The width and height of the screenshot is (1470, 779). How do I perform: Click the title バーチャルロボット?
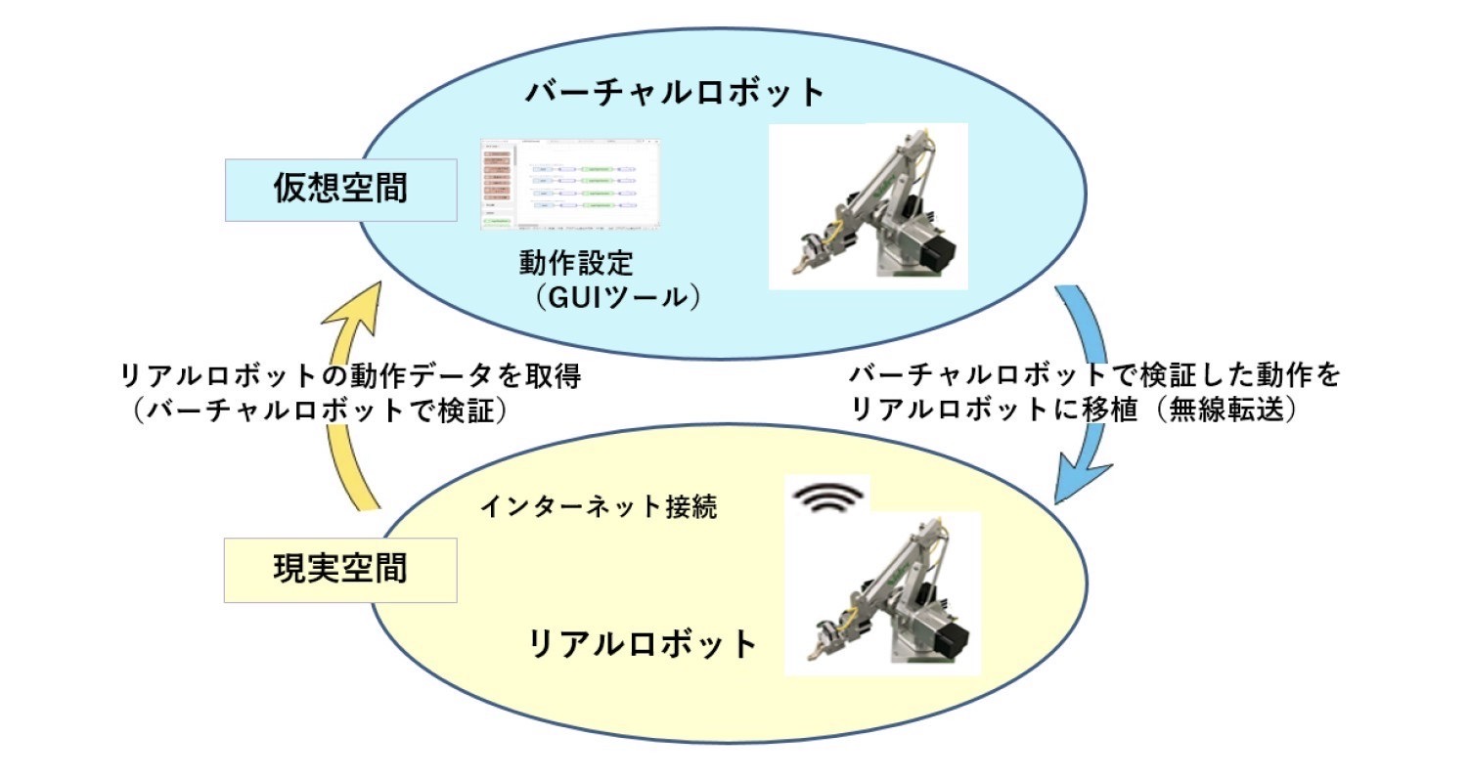point(676,93)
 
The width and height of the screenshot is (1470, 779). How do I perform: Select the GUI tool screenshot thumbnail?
point(570,185)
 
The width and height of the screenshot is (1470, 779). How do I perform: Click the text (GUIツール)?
point(617,297)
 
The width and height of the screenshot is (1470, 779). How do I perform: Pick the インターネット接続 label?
point(600,508)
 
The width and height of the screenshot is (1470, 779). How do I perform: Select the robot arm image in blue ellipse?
point(868,205)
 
